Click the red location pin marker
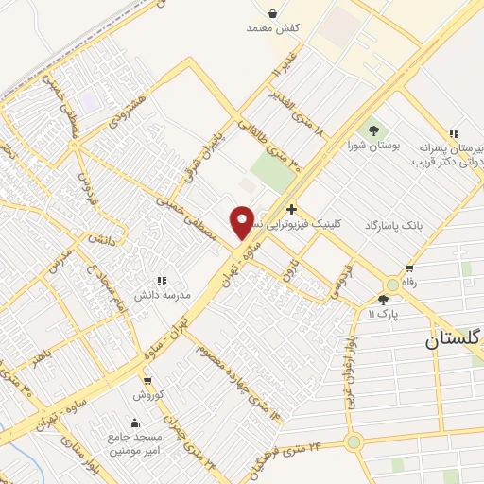[242, 222]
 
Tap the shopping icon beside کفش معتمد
[272, 14]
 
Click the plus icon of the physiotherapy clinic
[291, 209]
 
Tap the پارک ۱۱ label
[383, 312]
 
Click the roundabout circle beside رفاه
[391, 285]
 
